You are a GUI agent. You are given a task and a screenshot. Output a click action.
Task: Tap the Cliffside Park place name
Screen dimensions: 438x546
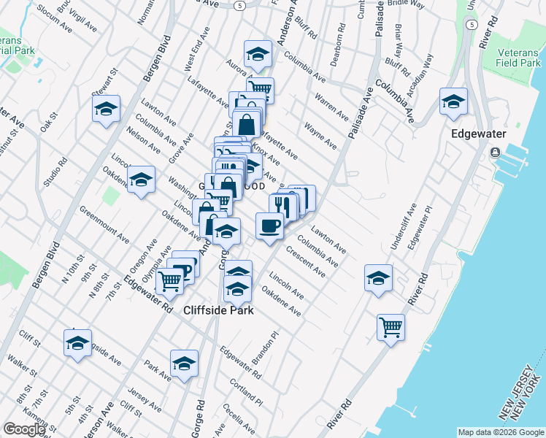point(218,310)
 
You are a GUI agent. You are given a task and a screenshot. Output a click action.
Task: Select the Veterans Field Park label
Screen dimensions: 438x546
point(520,58)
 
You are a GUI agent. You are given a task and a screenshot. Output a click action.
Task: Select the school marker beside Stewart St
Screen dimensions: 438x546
point(106,109)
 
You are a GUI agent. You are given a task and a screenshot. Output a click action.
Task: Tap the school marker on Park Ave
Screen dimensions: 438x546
point(184,363)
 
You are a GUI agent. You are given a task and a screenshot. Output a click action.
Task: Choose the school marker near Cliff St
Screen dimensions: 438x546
point(77,344)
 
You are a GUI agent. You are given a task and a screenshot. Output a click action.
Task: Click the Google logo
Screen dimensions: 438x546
point(24,429)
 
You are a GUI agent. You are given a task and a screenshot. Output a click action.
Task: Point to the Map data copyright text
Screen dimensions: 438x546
point(500,432)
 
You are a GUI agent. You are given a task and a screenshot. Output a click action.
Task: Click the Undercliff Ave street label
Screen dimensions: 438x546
point(403,226)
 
